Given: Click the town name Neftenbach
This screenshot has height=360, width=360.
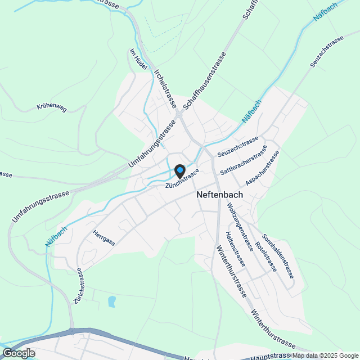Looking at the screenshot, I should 220,194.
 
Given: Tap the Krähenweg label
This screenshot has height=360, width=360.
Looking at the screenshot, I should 51,107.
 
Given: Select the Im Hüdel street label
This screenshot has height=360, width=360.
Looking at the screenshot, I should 138,59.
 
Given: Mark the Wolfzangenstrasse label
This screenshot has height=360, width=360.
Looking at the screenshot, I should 238,226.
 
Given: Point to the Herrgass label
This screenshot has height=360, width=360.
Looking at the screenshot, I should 104,238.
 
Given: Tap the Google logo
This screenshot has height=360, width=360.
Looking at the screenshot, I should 19,353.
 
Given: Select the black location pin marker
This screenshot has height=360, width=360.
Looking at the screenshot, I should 179,170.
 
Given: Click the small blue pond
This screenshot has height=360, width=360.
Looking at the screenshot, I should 111,302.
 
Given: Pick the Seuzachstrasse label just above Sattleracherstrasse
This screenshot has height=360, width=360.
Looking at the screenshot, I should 238,145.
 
